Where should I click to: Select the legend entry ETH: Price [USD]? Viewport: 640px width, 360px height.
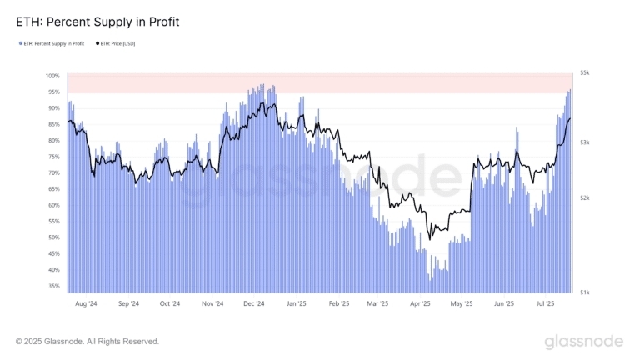coord(117,43)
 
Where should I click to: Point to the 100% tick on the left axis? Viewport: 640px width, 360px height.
coord(53,76)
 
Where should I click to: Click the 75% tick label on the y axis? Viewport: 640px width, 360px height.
coord(54,157)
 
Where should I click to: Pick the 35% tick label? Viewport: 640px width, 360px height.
coord(54,286)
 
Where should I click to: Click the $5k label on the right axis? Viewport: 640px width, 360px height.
coord(585,73)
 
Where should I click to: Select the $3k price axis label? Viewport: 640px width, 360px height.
coord(585,142)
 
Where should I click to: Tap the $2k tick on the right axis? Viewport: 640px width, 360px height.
coord(585,197)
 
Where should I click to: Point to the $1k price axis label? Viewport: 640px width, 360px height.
coord(585,292)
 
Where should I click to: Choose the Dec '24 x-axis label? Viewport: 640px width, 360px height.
coord(253,304)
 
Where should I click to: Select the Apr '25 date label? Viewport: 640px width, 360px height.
coord(420,304)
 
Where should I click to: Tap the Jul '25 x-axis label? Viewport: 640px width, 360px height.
coord(547,304)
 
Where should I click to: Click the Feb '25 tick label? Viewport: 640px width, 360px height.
coord(337,304)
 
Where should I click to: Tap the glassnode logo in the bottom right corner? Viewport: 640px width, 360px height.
coord(583,342)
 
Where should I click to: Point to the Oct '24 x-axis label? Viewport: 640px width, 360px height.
coord(169,304)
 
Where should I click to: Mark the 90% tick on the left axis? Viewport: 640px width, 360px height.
coord(54,108)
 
